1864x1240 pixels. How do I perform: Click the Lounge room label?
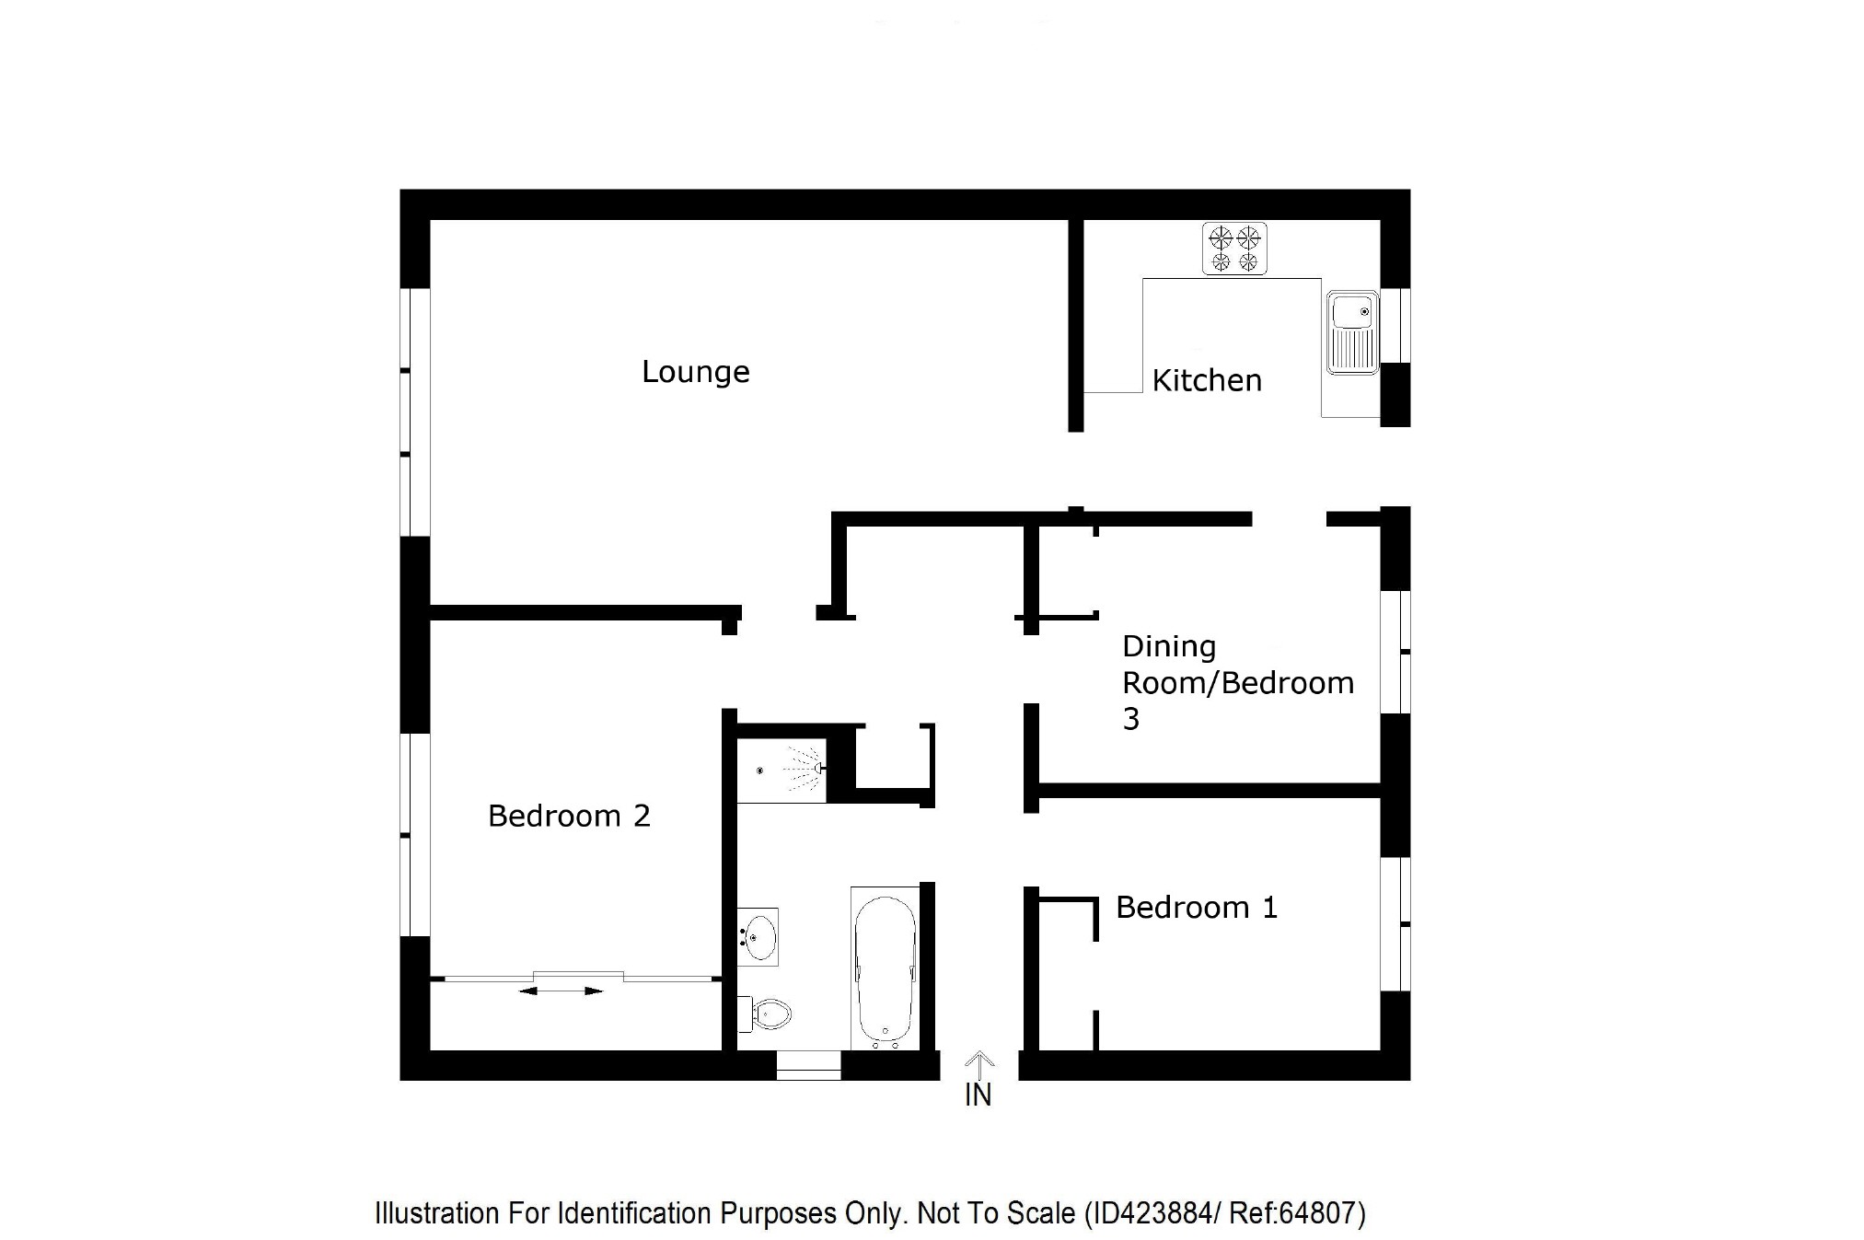pyautogui.click(x=695, y=372)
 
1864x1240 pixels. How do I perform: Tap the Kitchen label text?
pyautogui.click(x=1206, y=380)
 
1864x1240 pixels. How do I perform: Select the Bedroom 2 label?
pyautogui.click(x=569, y=816)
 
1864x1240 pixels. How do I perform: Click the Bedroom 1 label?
pyautogui.click(x=1196, y=908)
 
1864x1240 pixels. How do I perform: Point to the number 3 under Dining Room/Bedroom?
pyautogui.click(x=1130, y=719)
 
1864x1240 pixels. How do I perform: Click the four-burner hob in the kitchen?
pyautogui.click(x=1234, y=249)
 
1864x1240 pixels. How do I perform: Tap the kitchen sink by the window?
pyautogui.click(x=1351, y=332)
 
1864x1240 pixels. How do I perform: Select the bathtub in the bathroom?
pyautogui.click(x=885, y=970)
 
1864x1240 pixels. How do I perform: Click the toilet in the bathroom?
pyautogui.click(x=769, y=1014)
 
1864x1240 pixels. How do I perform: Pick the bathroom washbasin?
pyautogui.click(x=758, y=936)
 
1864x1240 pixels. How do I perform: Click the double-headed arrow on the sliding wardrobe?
pyautogui.click(x=561, y=991)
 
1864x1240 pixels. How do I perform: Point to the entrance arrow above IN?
pyautogui.click(x=980, y=1065)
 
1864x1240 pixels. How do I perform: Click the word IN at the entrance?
pyautogui.click(x=978, y=1095)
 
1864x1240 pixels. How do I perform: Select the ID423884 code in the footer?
pyautogui.click(x=1151, y=1213)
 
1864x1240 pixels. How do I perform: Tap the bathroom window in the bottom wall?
pyautogui.click(x=808, y=1067)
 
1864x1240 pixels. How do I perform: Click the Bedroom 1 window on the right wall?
pyautogui.click(x=1396, y=923)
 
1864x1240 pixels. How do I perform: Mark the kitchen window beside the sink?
pyautogui.click(x=1396, y=325)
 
